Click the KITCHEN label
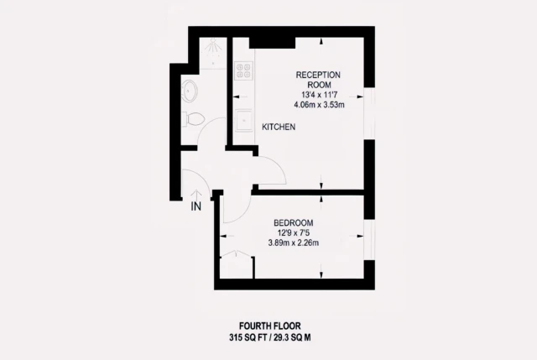tap(279, 127)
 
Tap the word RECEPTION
tap(318, 75)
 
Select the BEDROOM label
tap(293, 223)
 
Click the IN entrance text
tap(196, 206)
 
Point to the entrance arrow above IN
tap(196, 196)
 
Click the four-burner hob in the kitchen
tap(244, 70)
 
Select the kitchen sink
tap(244, 120)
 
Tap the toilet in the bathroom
tap(193, 119)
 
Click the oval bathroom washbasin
tap(189, 91)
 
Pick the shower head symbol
tap(213, 46)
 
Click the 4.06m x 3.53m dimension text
tap(319, 105)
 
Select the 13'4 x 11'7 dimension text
tap(319, 95)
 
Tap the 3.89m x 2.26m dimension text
tap(294, 243)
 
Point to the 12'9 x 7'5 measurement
tap(294, 233)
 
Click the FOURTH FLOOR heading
tap(270, 326)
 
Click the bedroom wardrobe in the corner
tap(237, 265)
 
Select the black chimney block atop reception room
tap(272, 43)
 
